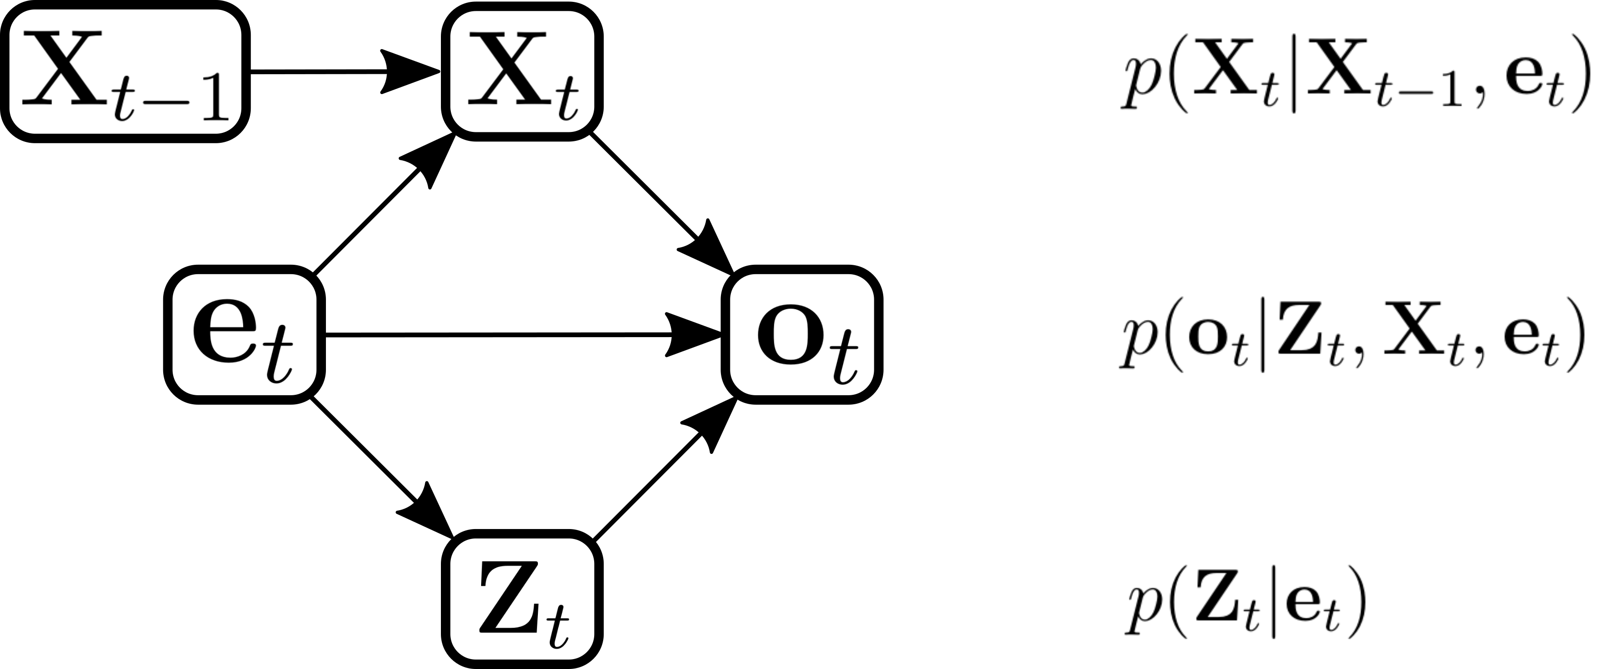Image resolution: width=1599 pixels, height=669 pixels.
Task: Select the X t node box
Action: (x=521, y=71)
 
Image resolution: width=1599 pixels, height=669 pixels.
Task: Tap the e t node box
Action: (x=245, y=335)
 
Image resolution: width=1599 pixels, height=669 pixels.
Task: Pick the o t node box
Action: (x=801, y=335)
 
